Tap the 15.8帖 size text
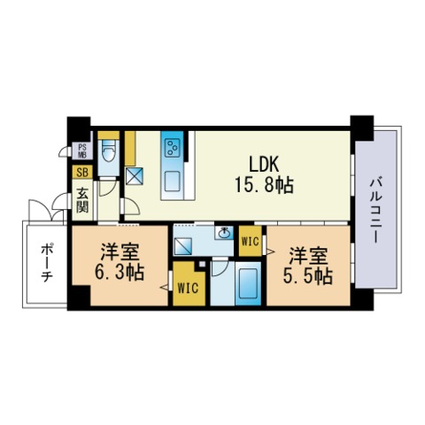point(264,186)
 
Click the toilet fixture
point(108,153)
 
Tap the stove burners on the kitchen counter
point(172,147)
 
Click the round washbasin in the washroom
point(224,235)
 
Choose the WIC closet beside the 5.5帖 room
point(249,240)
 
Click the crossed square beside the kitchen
point(135,175)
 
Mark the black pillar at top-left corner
point(77,125)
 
